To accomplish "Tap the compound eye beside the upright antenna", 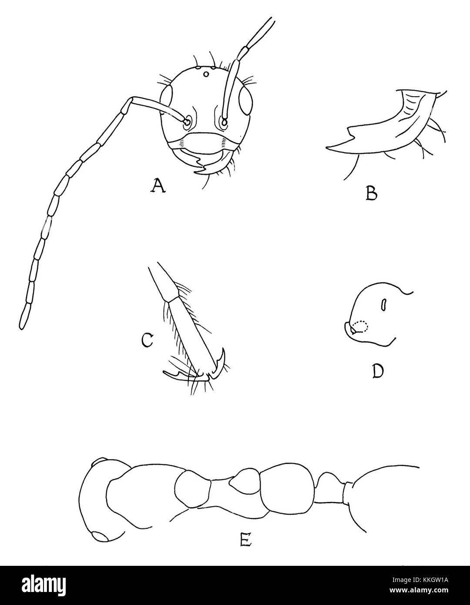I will point(245,100).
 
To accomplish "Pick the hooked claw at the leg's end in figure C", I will point(221,362).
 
